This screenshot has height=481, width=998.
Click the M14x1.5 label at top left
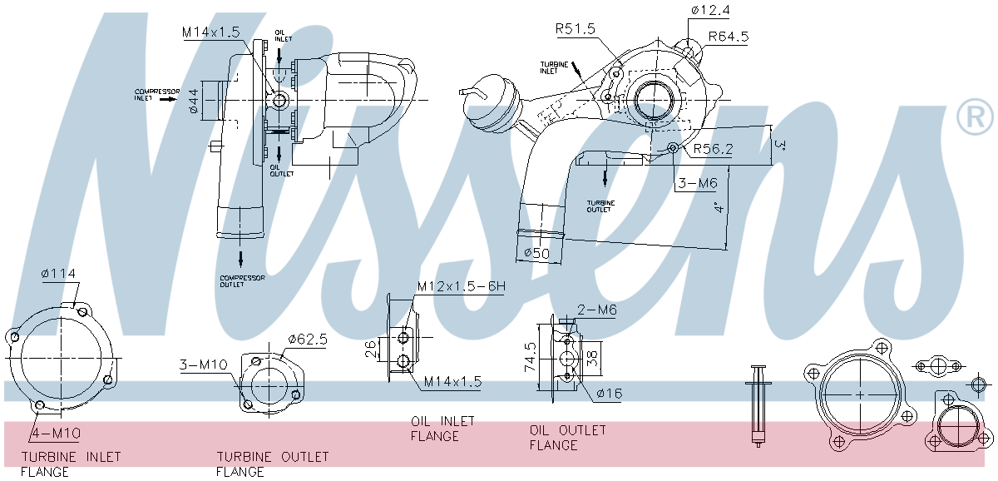point(211,32)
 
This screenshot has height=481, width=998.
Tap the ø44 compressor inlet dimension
point(193,100)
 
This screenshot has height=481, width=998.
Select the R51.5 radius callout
point(576,29)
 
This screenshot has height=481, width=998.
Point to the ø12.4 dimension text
point(709,10)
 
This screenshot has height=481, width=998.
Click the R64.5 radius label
point(729,37)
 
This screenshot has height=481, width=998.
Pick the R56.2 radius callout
point(713,149)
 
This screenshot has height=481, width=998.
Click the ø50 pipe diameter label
point(537,253)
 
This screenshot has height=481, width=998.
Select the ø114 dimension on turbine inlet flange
point(57,274)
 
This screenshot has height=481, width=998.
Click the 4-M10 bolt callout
point(57,433)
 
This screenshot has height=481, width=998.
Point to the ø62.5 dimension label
point(308,340)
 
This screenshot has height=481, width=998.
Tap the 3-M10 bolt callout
point(203,364)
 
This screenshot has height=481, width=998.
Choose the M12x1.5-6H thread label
point(462,287)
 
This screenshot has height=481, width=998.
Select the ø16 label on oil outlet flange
point(609,394)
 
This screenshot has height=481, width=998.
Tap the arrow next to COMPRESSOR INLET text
point(167,98)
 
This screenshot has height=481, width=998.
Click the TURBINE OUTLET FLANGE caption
point(272,464)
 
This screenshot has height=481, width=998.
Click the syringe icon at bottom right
point(758,408)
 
